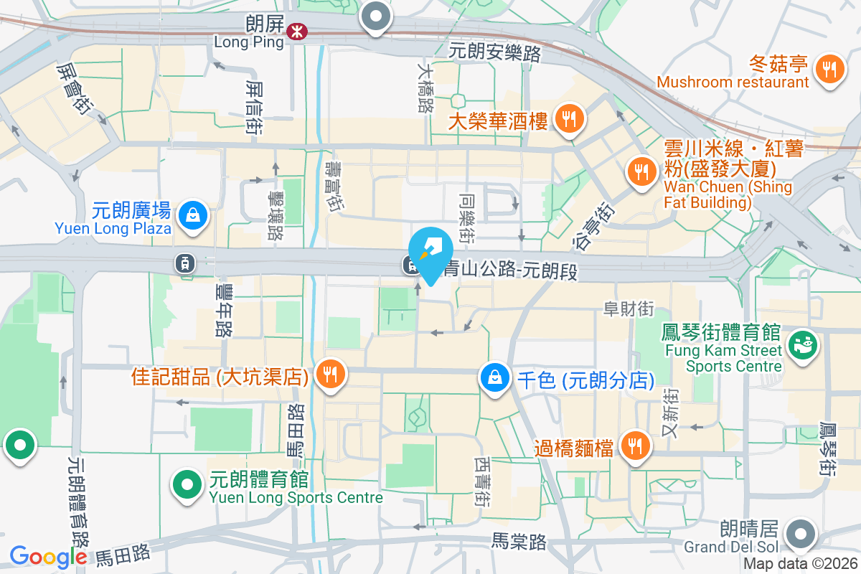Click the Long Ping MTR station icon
[x=295, y=31]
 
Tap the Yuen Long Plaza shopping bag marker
[x=192, y=215]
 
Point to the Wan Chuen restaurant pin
[x=639, y=171]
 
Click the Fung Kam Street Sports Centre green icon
[x=802, y=345]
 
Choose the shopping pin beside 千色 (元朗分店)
[x=494, y=376]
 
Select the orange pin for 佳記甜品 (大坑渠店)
[x=330, y=374]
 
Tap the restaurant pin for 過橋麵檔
[x=634, y=446]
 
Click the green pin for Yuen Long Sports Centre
[x=187, y=484]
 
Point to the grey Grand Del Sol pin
[x=801, y=535]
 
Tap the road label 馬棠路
[x=519, y=542]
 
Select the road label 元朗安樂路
[x=495, y=52]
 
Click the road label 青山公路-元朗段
[x=510, y=270]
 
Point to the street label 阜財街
[x=629, y=309]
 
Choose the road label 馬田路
[x=123, y=553]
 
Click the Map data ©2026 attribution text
[x=801, y=564]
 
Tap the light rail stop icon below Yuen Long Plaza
[x=185, y=263]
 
